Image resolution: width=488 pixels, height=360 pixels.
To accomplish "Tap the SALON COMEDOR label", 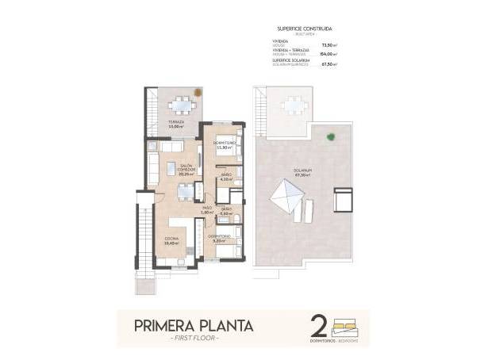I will [186, 169].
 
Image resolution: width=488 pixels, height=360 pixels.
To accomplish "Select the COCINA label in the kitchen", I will [171, 240].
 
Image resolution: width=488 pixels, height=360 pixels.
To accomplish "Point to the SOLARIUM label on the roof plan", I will [301, 171].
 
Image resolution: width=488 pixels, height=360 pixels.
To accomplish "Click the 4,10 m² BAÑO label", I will [225, 177].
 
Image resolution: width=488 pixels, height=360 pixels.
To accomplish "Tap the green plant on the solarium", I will [330, 136].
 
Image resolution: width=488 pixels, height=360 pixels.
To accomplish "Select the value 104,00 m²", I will [326, 55].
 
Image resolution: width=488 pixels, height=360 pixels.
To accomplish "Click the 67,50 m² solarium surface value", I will [327, 64].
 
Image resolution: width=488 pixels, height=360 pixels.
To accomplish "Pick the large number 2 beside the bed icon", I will [319, 326].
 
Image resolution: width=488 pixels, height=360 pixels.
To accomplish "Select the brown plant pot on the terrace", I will [199, 93].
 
